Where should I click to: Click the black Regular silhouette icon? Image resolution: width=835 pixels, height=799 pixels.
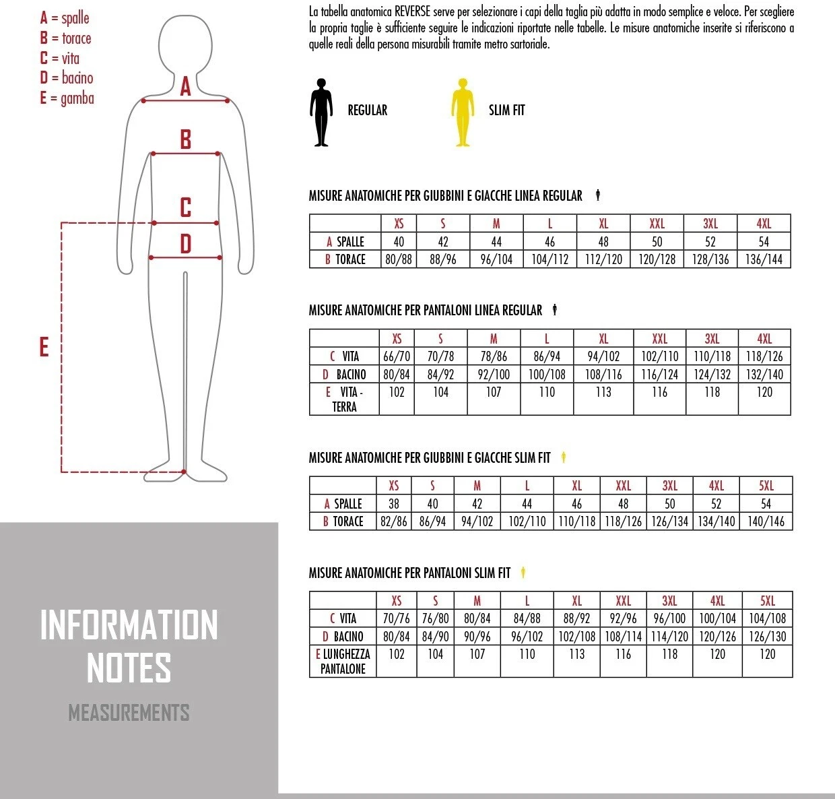[x=321, y=112]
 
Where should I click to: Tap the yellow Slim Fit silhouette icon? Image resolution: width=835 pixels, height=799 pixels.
[x=463, y=112]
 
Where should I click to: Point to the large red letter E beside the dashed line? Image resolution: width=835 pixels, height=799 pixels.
[x=44, y=347]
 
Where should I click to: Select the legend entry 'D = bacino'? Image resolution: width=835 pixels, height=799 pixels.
[x=67, y=78]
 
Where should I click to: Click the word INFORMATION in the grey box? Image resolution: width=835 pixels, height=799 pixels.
[x=129, y=625]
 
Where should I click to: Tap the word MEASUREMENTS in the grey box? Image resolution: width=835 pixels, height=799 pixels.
[x=129, y=712]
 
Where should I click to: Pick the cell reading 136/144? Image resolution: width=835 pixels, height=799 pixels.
[x=764, y=259]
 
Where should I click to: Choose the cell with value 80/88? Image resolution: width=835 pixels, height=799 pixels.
[x=397, y=259]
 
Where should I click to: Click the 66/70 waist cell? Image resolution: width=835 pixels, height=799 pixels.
[x=397, y=356]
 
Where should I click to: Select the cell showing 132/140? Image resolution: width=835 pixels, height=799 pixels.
[x=764, y=375]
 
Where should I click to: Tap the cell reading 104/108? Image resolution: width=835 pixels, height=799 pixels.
[x=767, y=618]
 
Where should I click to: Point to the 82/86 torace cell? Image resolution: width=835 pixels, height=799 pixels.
[x=394, y=521]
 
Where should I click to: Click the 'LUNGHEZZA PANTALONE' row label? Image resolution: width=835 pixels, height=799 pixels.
[x=343, y=661]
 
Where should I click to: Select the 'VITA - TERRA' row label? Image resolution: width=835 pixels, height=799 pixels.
[x=344, y=399]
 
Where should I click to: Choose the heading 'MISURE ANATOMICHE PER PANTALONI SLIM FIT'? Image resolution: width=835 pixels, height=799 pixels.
[x=409, y=573]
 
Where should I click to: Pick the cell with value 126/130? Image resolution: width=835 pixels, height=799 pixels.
[x=767, y=637]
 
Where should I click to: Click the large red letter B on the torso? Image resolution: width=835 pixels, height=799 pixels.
[x=186, y=139]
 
